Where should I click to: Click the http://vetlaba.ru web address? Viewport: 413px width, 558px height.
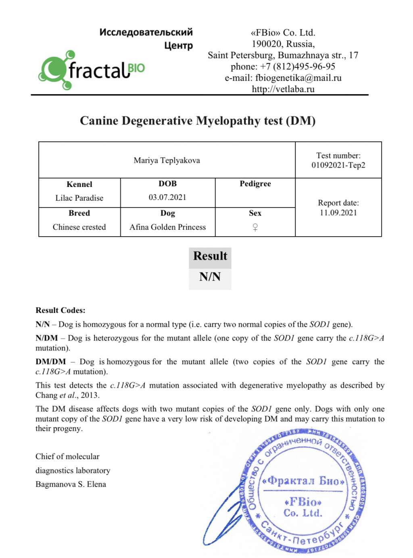tap(283, 89)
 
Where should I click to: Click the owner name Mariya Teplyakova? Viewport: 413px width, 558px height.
tap(167, 161)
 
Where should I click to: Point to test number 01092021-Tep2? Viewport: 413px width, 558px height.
tap(338, 165)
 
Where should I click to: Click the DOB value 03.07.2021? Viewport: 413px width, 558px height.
tap(167, 197)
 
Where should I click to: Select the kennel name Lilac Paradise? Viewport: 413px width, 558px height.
tap(79, 198)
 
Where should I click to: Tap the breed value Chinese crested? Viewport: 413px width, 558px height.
tap(79, 227)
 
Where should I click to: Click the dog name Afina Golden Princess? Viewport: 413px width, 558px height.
tap(167, 227)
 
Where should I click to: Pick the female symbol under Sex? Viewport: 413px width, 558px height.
tap(255, 227)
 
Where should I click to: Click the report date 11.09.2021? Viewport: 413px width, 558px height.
tap(338, 213)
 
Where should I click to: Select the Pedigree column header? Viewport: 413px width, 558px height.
tap(255, 184)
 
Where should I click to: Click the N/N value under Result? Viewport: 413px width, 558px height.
tap(210, 277)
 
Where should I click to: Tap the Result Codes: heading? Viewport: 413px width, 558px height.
tap(60, 310)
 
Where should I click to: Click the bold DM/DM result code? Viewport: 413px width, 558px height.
tap(50, 362)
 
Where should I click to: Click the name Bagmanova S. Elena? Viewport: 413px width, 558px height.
tap(71, 485)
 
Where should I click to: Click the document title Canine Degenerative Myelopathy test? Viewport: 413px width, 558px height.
tap(198, 121)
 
